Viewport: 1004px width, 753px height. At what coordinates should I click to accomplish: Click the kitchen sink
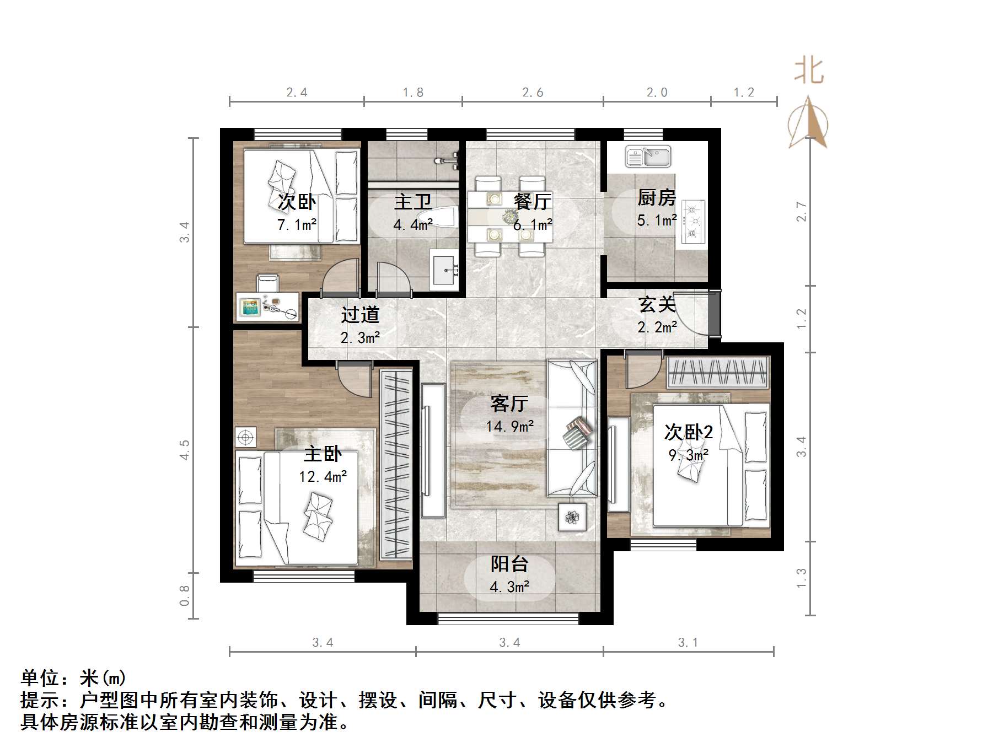[648, 157]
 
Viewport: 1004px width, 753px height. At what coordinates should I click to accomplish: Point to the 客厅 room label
[509, 404]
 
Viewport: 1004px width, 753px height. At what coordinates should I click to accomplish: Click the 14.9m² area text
[509, 426]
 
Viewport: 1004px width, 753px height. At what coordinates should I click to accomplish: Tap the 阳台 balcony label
[509, 564]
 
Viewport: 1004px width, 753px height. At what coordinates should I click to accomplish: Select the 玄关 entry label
[657, 305]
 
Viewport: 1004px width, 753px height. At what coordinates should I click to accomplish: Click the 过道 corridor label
[360, 315]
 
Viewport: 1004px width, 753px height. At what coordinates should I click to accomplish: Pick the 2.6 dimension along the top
[533, 93]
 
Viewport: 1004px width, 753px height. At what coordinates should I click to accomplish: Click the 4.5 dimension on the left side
[185, 449]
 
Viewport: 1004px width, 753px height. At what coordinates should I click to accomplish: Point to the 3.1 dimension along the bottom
[688, 643]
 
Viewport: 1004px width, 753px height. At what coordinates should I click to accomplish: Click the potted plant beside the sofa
[572, 517]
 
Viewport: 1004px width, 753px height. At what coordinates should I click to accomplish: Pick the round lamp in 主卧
[245, 438]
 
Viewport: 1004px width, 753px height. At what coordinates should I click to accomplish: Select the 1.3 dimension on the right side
[801, 578]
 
